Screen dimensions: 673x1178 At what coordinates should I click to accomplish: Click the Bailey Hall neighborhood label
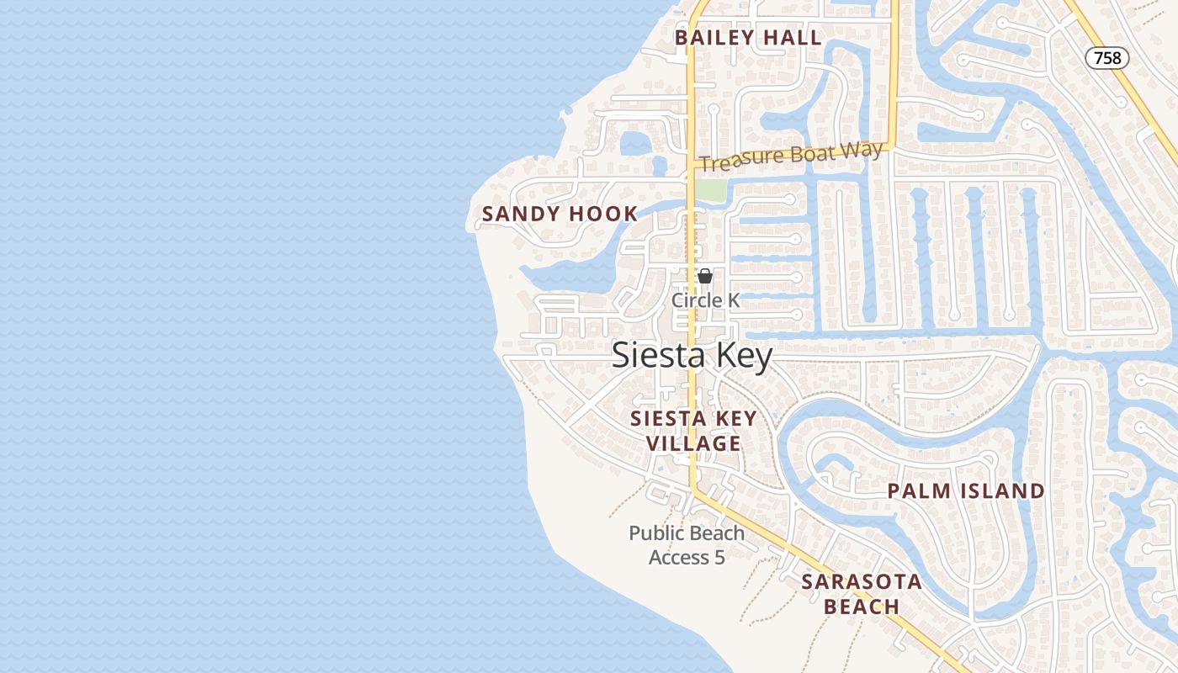point(748,38)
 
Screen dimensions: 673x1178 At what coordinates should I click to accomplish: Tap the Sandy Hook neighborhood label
point(560,215)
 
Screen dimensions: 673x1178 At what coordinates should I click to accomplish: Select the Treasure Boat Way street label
point(791,156)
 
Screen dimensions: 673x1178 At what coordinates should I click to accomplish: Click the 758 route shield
point(1107,58)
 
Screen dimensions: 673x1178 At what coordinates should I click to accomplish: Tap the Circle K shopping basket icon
point(705,276)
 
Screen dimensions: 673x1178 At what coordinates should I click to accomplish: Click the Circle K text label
point(705,300)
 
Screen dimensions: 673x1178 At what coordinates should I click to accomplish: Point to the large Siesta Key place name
point(692,356)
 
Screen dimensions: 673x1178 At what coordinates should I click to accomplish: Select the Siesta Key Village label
point(693,431)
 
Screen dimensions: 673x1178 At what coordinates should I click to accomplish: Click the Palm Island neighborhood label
point(966,491)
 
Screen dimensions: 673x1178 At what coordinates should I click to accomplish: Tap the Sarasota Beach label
point(862,594)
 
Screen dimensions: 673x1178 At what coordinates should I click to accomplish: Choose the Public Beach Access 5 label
point(687,544)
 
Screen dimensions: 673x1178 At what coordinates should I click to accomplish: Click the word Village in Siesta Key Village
point(693,443)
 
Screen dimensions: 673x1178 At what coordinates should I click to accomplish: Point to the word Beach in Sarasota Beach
point(862,607)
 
